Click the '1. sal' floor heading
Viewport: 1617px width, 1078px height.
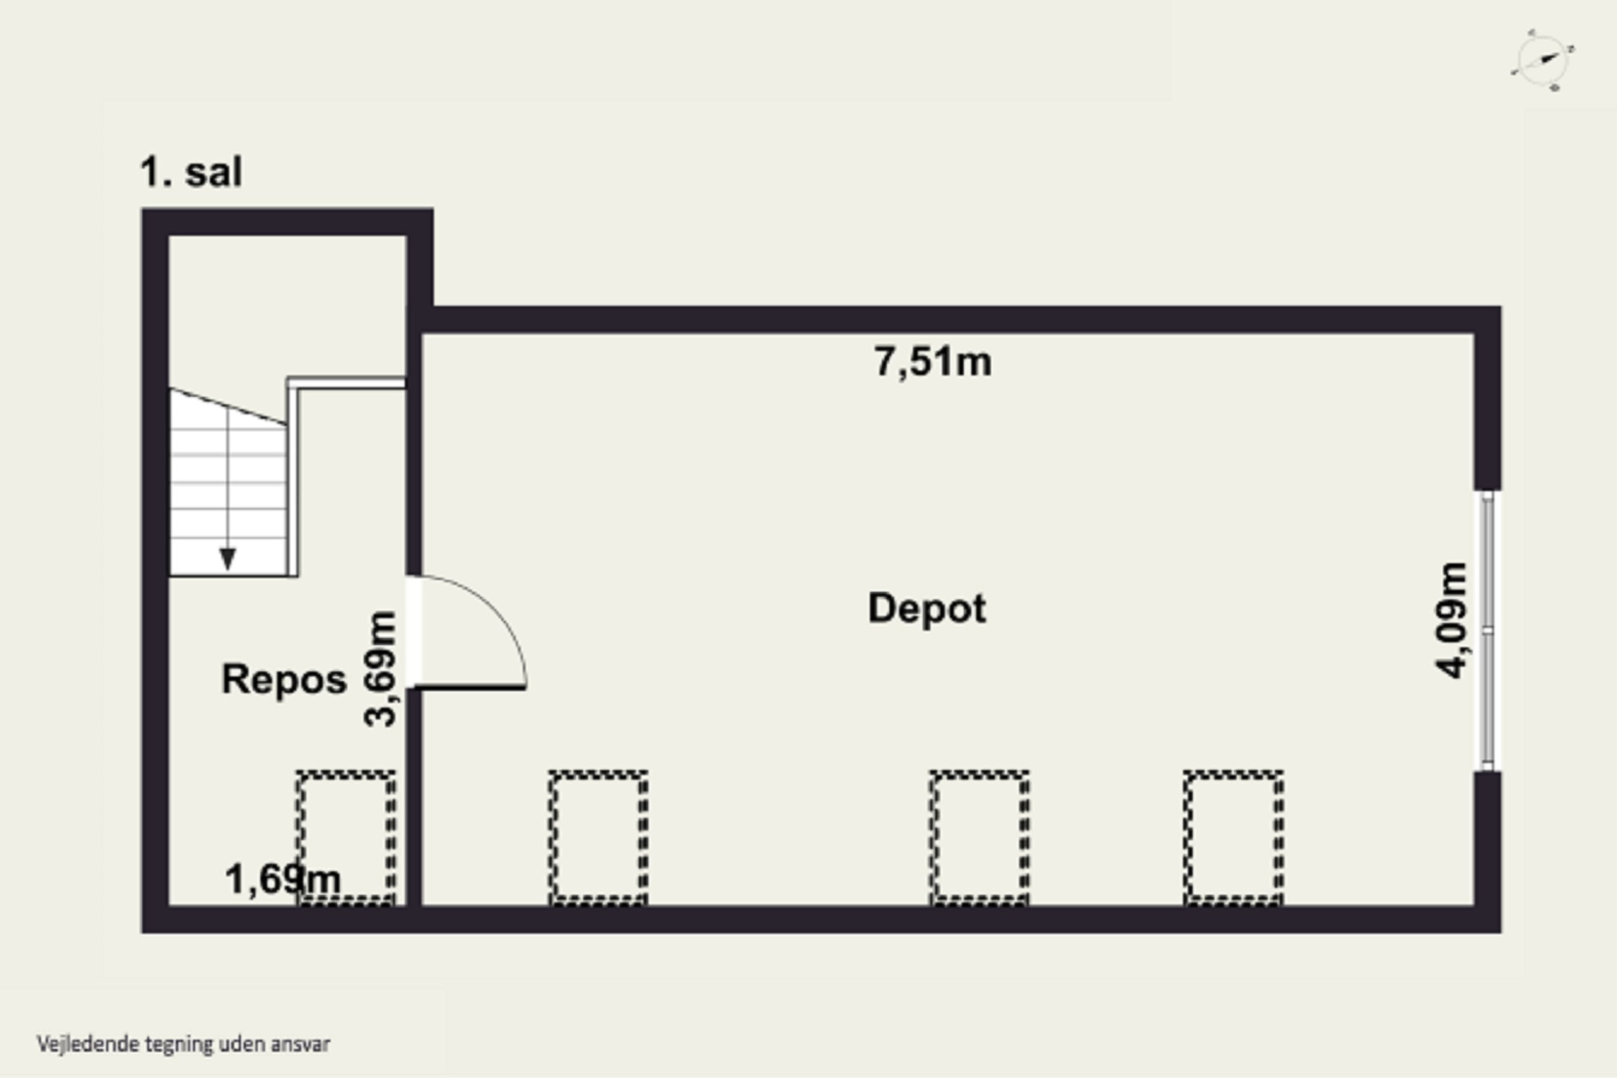point(191,172)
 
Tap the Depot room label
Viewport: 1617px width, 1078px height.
point(927,609)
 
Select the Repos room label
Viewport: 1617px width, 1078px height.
point(284,679)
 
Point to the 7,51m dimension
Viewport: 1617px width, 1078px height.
point(932,362)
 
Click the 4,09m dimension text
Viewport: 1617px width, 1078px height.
point(1452,621)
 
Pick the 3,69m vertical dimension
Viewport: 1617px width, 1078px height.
point(380,669)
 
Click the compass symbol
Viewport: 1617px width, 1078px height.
point(1543,60)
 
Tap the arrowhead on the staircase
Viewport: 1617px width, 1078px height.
point(227,559)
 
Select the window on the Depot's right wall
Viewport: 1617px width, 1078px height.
point(1487,631)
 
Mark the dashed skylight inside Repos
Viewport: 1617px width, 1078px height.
point(346,838)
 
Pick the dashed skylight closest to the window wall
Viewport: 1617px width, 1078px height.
point(1233,838)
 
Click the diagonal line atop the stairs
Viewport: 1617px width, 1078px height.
point(228,406)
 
